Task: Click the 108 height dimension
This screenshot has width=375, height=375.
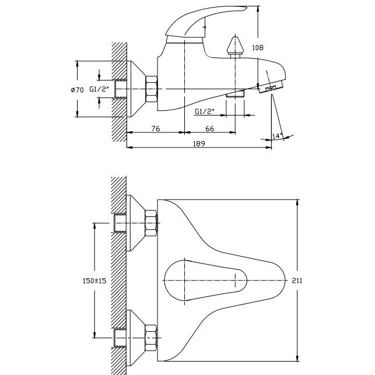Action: coord(258,48)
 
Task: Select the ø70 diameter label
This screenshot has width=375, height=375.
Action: coord(77,90)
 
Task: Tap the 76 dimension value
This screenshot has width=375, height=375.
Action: coord(156,129)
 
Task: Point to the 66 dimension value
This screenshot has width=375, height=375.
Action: coord(210,129)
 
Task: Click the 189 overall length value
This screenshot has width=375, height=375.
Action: coord(199,143)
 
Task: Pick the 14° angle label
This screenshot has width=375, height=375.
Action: coord(277,136)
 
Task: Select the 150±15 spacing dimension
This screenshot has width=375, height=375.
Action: coord(94,281)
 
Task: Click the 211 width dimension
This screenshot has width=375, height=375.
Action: coord(297,281)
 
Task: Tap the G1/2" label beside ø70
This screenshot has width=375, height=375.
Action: coord(99,89)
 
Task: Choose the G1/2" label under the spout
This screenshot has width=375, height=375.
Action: coord(205,111)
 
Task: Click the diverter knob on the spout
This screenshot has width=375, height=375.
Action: coord(236,47)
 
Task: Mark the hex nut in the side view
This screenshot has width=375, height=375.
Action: coord(152,89)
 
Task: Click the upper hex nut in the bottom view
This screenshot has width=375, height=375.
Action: coord(151,223)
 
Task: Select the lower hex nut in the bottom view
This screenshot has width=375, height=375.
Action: coord(151,338)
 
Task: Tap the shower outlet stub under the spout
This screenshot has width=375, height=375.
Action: coord(236,94)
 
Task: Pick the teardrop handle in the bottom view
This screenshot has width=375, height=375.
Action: coord(205,281)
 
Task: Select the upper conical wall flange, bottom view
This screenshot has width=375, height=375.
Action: coord(136,223)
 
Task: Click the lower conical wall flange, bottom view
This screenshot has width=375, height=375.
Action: coord(136,338)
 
